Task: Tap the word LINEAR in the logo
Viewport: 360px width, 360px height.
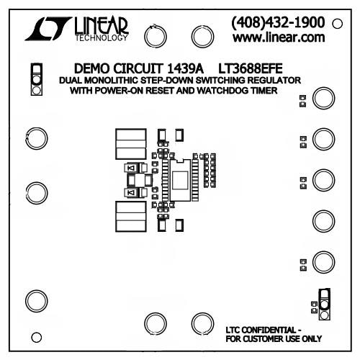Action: (102, 26)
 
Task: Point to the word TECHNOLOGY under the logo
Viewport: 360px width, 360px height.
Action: (102, 37)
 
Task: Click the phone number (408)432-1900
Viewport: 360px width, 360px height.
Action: (278, 22)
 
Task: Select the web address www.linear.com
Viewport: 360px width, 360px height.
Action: (279, 37)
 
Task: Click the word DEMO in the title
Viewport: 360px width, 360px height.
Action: (91, 68)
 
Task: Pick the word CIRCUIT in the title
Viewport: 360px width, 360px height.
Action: (138, 68)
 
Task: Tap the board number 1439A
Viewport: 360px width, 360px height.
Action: (185, 68)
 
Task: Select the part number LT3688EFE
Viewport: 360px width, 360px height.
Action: (251, 68)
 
